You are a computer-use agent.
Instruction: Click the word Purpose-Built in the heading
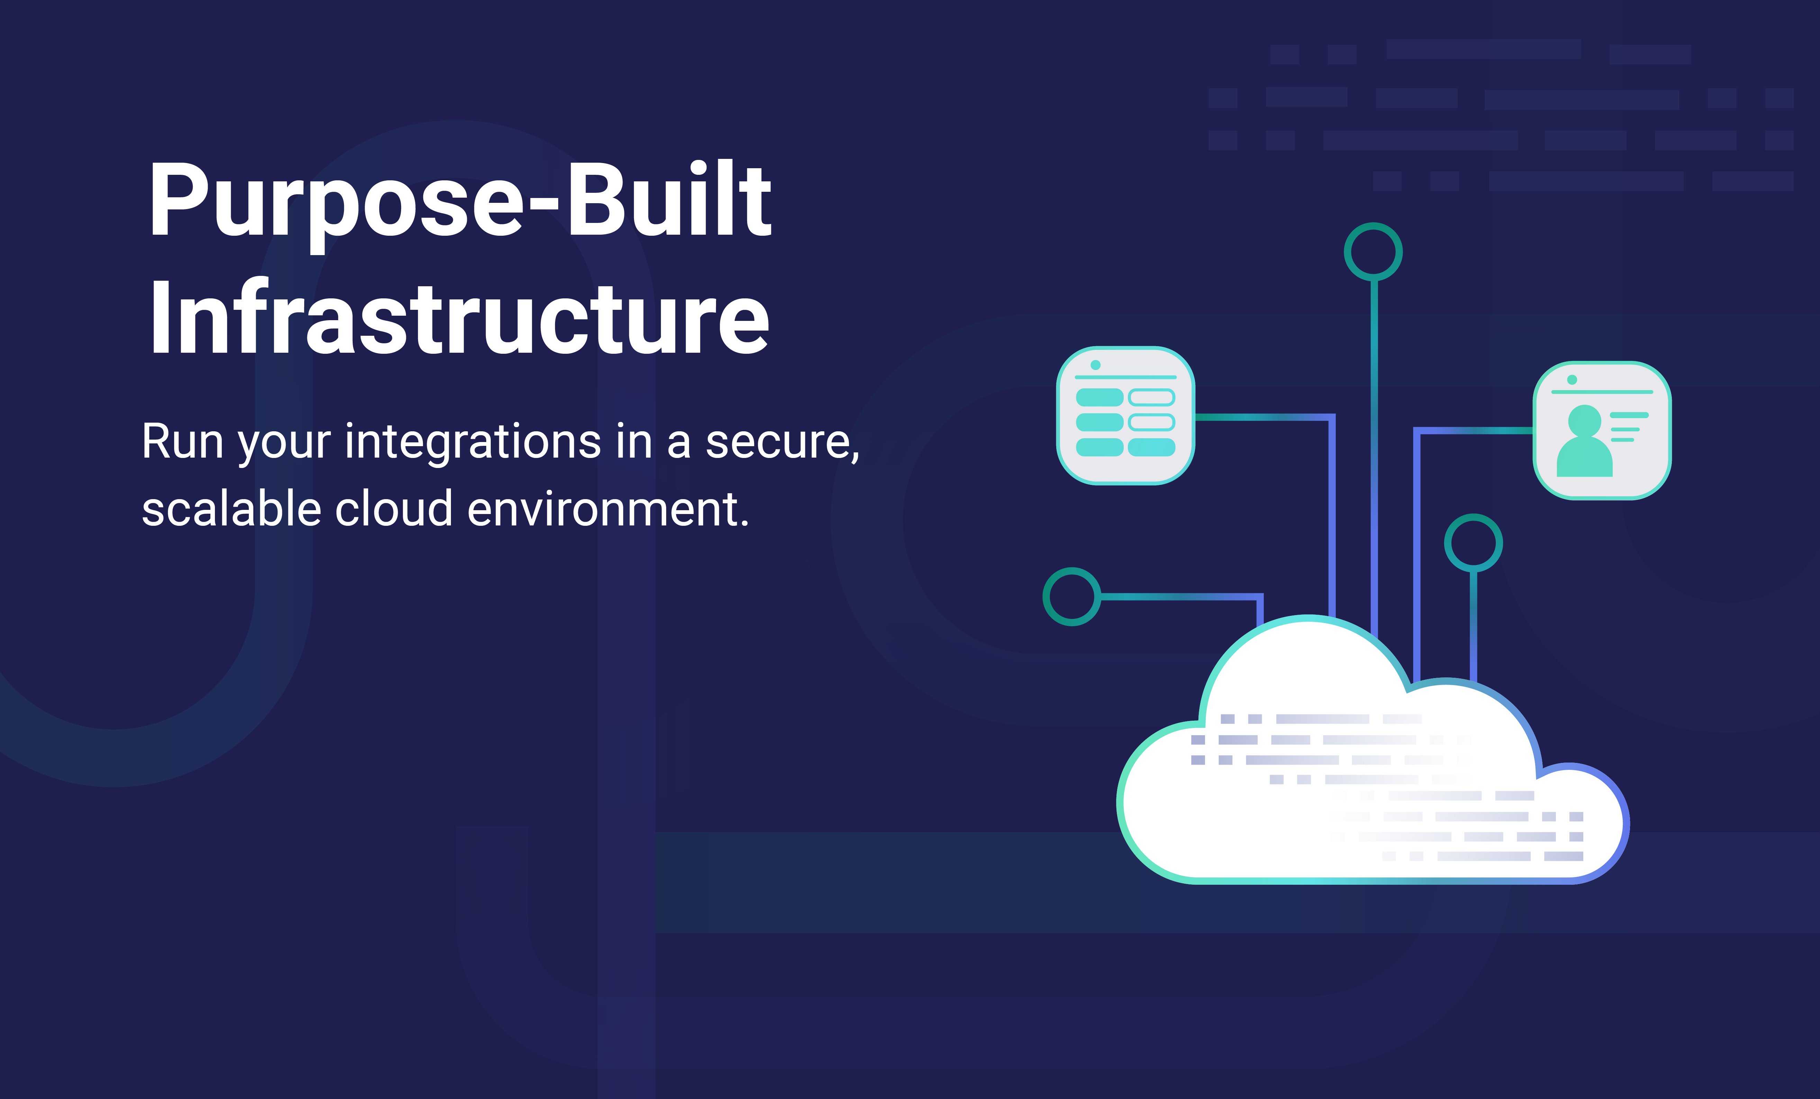[460, 201]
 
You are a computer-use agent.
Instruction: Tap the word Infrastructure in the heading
[460, 319]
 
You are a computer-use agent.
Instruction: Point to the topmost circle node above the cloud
[1373, 252]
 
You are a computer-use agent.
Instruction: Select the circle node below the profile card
[1473, 543]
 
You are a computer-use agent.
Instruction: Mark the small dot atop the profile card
[1572, 380]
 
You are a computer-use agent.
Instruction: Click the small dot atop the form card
[1095, 365]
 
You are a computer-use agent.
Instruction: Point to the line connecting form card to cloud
[1332, 517]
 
